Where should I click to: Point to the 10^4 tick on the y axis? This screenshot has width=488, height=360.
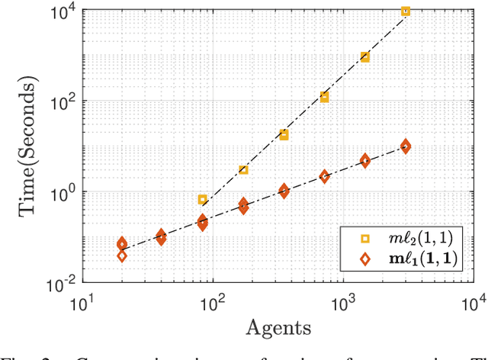pyautogui.click(x=63, y=9)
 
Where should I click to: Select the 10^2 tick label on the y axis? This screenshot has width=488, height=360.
pyautogui.click(x=63, y=101)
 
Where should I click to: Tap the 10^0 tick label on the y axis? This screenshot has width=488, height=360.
pyautogui.click(x=63, y=192)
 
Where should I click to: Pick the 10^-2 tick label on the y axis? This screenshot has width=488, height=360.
pyautogui.click(x=61, y=284)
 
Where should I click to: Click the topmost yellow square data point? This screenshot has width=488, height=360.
pyautogui.click(x=406, y=11)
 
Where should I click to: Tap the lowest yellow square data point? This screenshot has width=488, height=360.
pyautogui.click(x=203, y=199)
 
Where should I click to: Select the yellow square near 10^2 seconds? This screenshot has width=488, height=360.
pyautogui.click(x=324, y=97)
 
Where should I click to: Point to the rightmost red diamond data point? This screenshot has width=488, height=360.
pyautogui.click(x=406, y=146)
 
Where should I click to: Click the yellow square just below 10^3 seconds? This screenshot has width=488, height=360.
pyautogui.click(x=365, y=57)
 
